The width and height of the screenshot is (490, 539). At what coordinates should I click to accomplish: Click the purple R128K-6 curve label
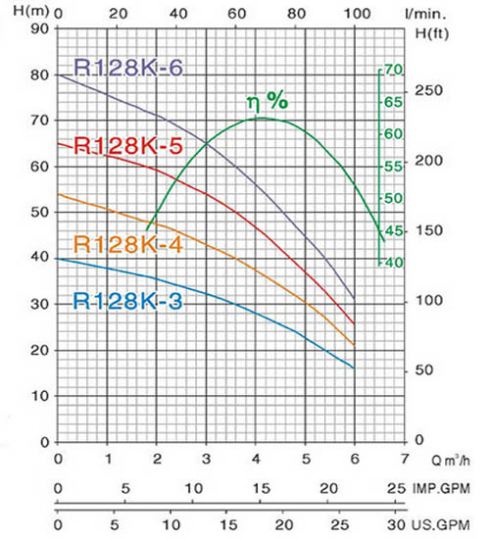pos(128,68)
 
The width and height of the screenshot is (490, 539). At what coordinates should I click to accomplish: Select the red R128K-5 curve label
pos(128,146)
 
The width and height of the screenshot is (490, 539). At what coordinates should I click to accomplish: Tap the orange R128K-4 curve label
pos(128,244)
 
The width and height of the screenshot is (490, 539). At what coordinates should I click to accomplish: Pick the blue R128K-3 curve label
pos(127,301)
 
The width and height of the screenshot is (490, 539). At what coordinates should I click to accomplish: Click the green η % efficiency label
pos(268,101)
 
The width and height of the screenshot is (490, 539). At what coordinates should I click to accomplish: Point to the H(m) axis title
pos(31,11)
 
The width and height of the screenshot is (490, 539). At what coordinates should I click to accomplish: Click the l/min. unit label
pos(426,14)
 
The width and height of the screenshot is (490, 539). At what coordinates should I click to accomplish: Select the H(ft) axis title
pos(432,33)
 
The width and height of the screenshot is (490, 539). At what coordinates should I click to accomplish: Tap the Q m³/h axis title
pos(451,460)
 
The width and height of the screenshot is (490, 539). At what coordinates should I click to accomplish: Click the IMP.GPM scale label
pos(441,488)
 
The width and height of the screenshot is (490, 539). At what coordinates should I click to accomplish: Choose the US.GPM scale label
pos(441,525)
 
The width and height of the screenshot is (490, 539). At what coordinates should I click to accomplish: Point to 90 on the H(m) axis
pos(40,28)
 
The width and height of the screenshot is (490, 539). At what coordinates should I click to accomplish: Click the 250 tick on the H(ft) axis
pos(429,91)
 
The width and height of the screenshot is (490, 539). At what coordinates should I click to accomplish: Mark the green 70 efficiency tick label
pos(394,70)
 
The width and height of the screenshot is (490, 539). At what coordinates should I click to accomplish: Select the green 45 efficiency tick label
pos(394,230)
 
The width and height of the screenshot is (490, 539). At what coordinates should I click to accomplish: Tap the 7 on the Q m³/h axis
pos(405,459)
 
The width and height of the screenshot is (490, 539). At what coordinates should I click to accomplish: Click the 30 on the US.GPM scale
pos(397,525)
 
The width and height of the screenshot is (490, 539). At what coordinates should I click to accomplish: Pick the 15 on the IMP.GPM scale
pos(262,488)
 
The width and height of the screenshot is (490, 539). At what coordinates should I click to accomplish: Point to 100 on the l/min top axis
pos(358,14)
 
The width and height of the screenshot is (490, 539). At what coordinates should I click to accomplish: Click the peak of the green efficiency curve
pos(262,119)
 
